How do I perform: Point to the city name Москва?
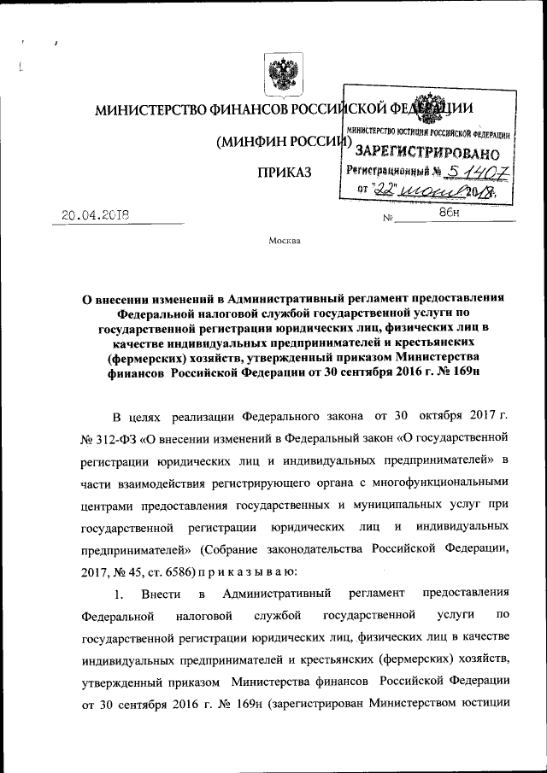[285, 241]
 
